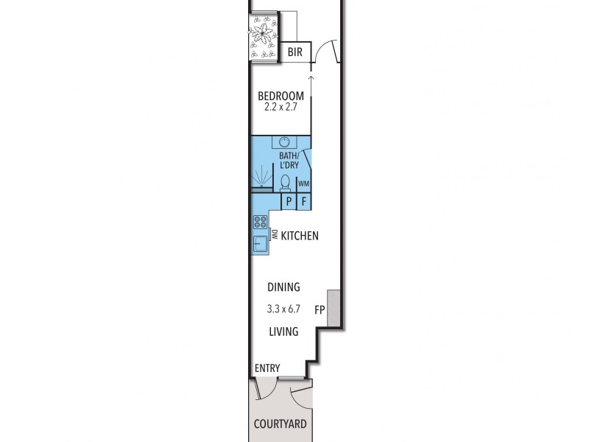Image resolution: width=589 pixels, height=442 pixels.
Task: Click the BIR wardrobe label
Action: pyautogui.click(x=295, y=52)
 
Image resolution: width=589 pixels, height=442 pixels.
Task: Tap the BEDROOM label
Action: pyautogui.click(x=281, y=96)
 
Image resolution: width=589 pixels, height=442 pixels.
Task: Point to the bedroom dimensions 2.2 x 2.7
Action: pyautogui.click(x=281, y=107)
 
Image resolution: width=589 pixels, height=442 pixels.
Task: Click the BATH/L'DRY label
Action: pyautogui.click(x=289, y=160)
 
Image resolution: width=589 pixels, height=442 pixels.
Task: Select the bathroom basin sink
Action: pyautogui.click(x=284, y=142)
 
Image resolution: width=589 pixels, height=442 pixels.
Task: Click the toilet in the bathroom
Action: pyautogui.click(x=286, y=183)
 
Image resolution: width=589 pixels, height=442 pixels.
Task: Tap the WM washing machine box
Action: pyautogui.click(x=303, y=183)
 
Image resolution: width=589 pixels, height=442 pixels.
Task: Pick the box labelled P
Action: pyautogui.click(x=289, y=201)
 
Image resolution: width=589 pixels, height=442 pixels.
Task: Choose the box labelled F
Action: pyautogui.click(x=304, y=201)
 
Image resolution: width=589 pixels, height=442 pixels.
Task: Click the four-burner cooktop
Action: pyautogui.click(x=260, y=222)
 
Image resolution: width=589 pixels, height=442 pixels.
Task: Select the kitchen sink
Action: pyautogui.click(x=260, y=244)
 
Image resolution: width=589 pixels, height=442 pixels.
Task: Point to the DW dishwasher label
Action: pyautogui.click(x=274, y=234)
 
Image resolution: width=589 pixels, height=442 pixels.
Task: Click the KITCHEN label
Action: pyautogui.click(x=300, y=236)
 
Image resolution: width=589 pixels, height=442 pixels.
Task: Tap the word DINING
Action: pyautogui.click(x=283, y=287)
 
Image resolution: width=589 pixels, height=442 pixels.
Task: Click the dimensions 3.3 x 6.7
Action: pyautogui.click(x=283, y=309)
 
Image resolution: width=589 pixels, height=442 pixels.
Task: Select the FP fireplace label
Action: pyautogui.click(x=320, y=310)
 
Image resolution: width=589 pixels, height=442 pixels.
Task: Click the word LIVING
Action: pyautogui.click(x=283, y=331)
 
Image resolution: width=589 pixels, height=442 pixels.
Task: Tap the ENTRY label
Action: pyautogui.click(x=267, y=368)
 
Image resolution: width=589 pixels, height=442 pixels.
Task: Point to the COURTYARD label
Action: pyautogui.click(x=281, y=424)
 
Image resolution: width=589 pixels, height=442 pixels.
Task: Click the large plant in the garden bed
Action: pyautogui.click(x=263, y=34)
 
